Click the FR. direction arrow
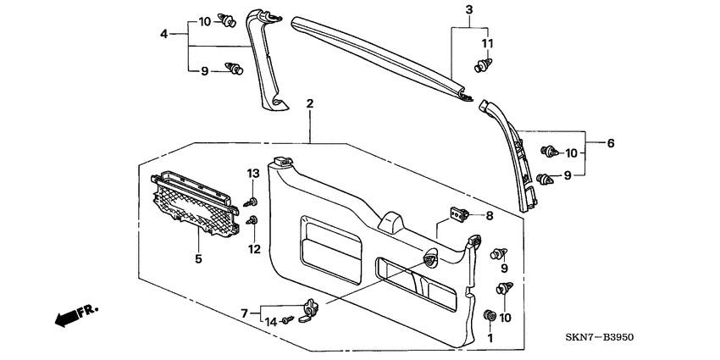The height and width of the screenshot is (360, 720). coord(75,316)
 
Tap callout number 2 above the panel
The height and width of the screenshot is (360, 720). coord(310,104)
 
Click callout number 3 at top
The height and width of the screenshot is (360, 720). coord(469,9)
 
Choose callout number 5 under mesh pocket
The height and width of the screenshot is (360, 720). coord(198,259)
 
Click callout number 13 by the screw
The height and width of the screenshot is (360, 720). coord(251,174)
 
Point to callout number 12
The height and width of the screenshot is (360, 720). coord(251,248)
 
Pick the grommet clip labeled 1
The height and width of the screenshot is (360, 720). coord(489,316)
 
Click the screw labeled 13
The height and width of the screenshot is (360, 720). coord(252,201)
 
